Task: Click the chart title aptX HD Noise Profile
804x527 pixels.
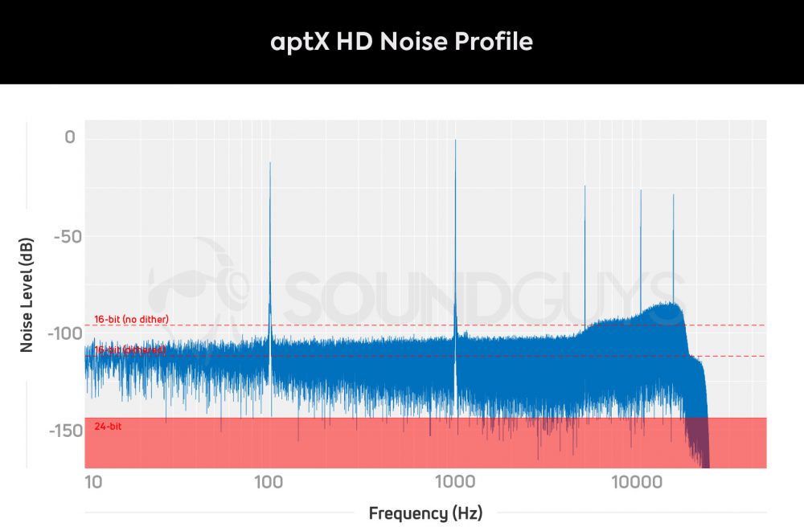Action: point(402,42)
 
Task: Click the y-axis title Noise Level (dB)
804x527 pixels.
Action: point(27,298)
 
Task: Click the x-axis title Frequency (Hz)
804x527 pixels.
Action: point(425,513)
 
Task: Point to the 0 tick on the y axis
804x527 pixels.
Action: point(70,138)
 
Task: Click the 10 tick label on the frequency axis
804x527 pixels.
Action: point(93,481)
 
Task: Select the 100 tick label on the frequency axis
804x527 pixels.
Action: point(268,481)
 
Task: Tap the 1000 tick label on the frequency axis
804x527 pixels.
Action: point(455,481)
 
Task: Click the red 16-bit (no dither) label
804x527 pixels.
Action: point(131,319)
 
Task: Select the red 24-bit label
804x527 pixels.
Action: point(108,426)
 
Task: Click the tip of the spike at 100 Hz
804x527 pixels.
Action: point(270,162)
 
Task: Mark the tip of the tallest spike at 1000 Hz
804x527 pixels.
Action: point(456,140)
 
